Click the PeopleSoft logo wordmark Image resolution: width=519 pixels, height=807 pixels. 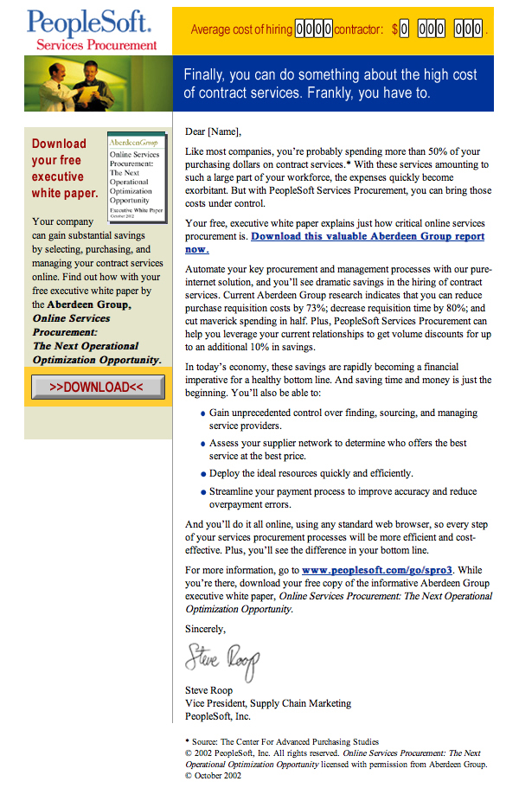click(88, 22)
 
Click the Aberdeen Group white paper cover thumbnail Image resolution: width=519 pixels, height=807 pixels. click(136, 177)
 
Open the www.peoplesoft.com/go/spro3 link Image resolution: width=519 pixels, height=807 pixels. click(378, 570)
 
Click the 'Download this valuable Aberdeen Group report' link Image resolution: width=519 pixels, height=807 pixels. click(368, 236)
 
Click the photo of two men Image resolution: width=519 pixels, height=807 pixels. click(98, 83)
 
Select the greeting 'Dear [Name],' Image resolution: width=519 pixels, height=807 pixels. click(214, 132)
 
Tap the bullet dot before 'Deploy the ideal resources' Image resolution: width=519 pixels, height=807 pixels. click(202, 474)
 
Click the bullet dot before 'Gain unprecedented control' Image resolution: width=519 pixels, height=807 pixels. click(202, 413)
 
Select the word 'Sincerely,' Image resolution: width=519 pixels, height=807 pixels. click(206, 629)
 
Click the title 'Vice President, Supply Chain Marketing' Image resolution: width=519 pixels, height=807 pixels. click(268, 703)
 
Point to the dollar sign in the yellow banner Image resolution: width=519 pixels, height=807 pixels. click(394, 29)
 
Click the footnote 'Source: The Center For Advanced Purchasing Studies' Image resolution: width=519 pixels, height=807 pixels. click(286, 741)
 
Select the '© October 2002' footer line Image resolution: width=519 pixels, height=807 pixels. click(213, 776)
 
